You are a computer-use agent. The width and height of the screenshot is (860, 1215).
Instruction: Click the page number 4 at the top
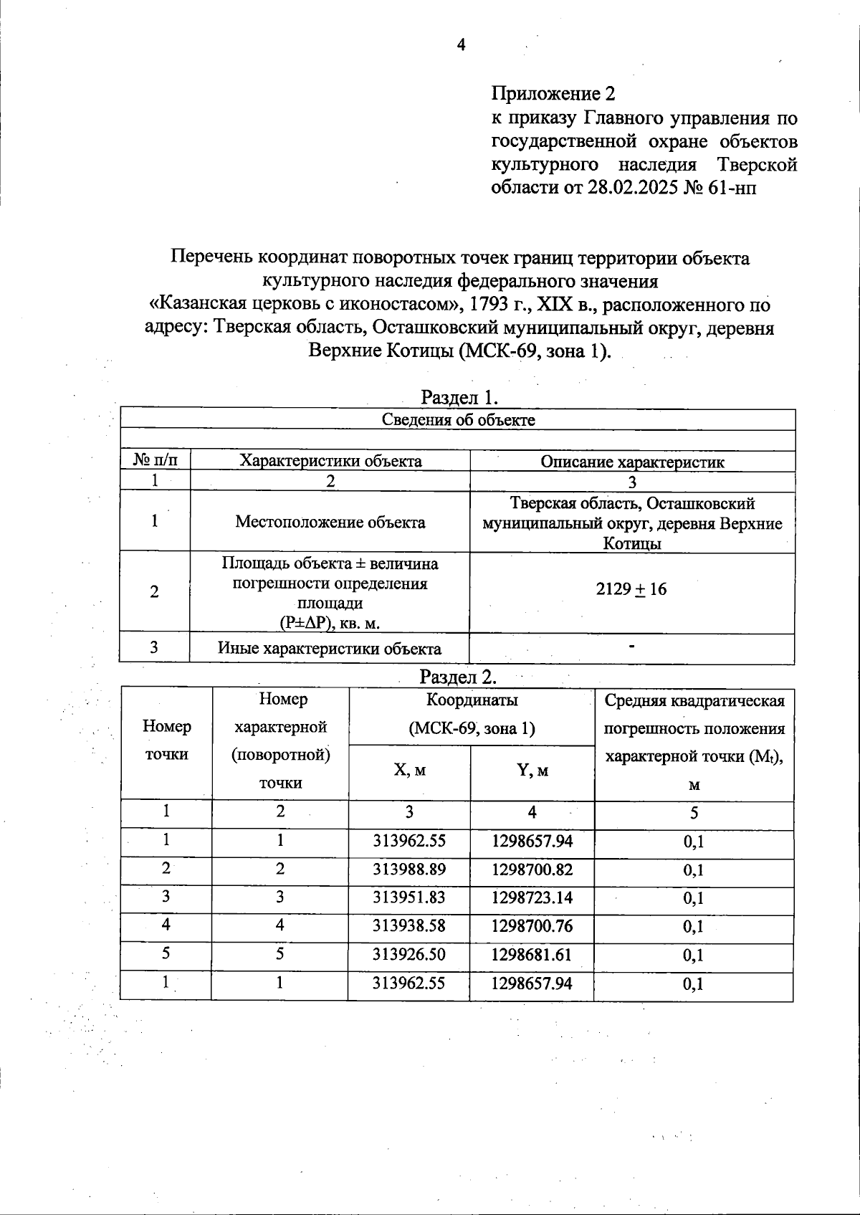(461, 45)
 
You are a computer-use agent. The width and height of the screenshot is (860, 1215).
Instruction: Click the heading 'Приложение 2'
(553, 94)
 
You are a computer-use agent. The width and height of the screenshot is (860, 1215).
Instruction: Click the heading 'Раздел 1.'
(459, 397)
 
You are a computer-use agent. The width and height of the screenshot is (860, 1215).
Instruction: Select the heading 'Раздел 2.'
(457, 677)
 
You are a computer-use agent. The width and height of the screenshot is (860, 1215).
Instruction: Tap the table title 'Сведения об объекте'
(458, 420)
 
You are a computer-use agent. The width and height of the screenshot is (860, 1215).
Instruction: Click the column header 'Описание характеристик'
(632, 462)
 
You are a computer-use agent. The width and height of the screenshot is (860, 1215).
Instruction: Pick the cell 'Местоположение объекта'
(330, 522)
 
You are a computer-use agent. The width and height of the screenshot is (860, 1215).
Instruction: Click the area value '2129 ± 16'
(631, 589)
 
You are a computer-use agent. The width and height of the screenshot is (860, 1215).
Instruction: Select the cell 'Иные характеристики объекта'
(330, 649)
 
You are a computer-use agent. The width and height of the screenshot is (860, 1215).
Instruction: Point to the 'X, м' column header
(409, 771)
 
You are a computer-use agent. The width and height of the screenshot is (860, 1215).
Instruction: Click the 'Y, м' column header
(532, 771)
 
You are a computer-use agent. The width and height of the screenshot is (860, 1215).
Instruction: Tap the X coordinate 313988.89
(409, 869)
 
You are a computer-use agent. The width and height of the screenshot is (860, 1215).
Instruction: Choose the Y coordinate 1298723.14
(532, 897)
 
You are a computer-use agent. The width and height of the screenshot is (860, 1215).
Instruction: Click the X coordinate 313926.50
(409, 955)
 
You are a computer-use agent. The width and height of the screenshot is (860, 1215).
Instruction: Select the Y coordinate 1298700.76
(532, 926)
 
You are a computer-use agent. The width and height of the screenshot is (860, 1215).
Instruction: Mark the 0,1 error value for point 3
(694, 898)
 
